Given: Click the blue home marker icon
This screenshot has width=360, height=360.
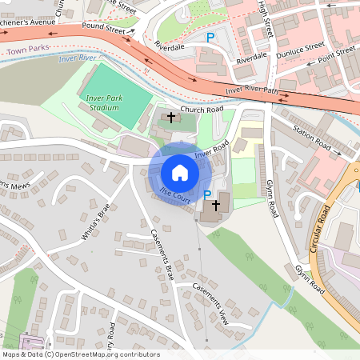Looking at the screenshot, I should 180,172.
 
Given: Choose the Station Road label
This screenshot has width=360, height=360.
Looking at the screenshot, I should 312,137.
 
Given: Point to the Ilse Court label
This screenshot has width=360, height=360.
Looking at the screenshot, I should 175,194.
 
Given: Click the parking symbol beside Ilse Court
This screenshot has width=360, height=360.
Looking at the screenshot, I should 208,194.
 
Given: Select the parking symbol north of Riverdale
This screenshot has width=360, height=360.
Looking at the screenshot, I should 211,37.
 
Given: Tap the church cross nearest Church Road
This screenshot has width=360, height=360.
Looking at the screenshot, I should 170,118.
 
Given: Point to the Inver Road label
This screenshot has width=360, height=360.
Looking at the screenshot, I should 212,148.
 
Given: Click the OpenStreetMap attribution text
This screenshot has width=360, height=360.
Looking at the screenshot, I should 80,354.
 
